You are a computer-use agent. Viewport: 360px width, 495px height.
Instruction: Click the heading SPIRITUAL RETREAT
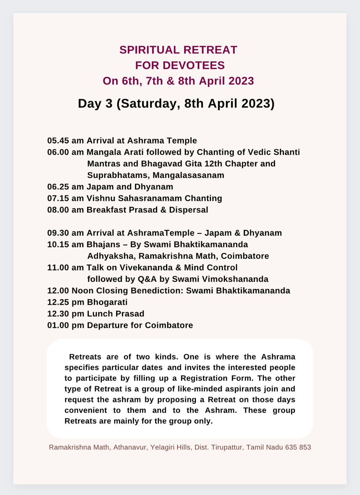point(178,50)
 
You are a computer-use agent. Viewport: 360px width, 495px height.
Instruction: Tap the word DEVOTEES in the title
point(193,65)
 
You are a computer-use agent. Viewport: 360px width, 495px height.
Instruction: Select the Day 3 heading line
point(176,103)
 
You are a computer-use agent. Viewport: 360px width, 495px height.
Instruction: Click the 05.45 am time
point(65,141)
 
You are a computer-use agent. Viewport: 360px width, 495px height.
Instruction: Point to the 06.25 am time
point(65,187)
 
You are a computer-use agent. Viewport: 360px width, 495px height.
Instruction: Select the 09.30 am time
point(65,233)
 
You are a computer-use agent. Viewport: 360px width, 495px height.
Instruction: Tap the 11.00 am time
point(65,268)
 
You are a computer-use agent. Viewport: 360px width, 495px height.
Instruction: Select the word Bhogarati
point(107,302)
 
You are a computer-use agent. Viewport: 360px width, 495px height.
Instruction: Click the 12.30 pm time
point(66,314)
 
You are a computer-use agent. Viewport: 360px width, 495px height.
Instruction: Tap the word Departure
point(104,325)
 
